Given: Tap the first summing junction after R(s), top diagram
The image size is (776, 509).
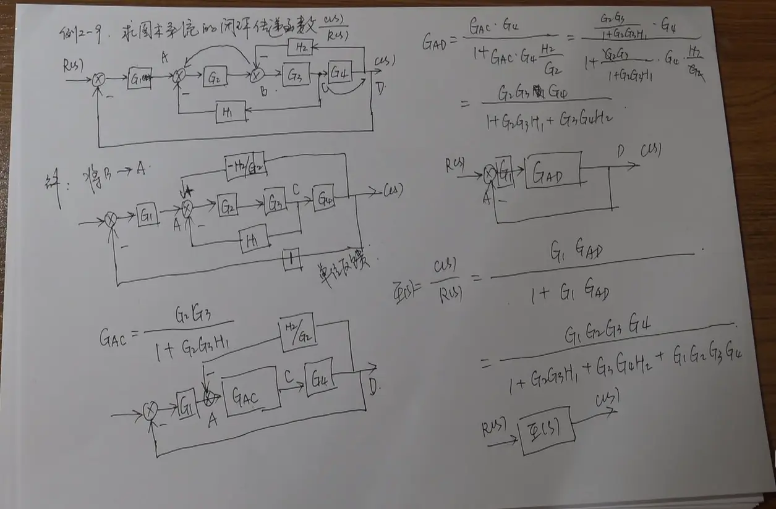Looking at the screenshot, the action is coord(99,79).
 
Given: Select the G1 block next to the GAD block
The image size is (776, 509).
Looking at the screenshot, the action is coord(505,170).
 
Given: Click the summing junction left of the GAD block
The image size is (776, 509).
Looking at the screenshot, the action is coord(490,175).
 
